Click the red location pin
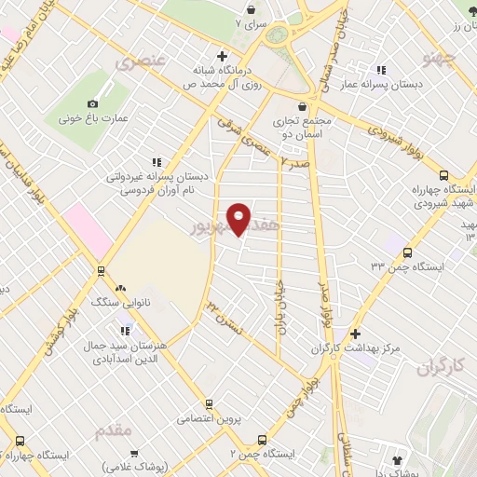point(239,218)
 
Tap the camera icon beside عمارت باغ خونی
point(92,103)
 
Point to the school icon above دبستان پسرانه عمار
point(380,70)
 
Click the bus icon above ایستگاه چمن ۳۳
point(406,252)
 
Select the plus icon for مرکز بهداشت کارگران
point(355,334)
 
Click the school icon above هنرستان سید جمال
point(125,330)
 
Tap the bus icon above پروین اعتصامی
point(209,404)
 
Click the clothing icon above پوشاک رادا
point(398,459)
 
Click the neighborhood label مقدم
point(114,430)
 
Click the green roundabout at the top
point(278,35)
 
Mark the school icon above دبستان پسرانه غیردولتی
point(157,160)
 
